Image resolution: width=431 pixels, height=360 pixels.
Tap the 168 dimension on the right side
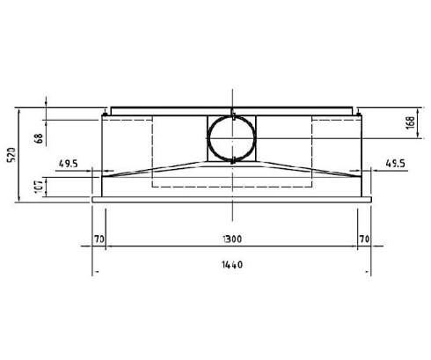411,123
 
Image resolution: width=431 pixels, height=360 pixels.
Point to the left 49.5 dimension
69,163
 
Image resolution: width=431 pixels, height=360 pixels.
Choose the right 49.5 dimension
396,163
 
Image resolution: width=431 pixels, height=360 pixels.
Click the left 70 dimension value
99,238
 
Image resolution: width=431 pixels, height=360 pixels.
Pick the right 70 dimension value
364,238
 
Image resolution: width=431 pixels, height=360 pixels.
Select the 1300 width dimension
232,238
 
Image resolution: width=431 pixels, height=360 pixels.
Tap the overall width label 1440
232,263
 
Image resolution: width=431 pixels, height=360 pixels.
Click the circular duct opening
233,138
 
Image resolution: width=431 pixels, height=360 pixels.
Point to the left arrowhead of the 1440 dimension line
96,270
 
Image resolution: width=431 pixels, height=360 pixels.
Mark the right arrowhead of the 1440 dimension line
369,270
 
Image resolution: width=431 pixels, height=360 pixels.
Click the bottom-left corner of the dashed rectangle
153,186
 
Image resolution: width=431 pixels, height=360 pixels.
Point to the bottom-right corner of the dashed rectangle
312,186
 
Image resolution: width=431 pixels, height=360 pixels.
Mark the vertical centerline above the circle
233,99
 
